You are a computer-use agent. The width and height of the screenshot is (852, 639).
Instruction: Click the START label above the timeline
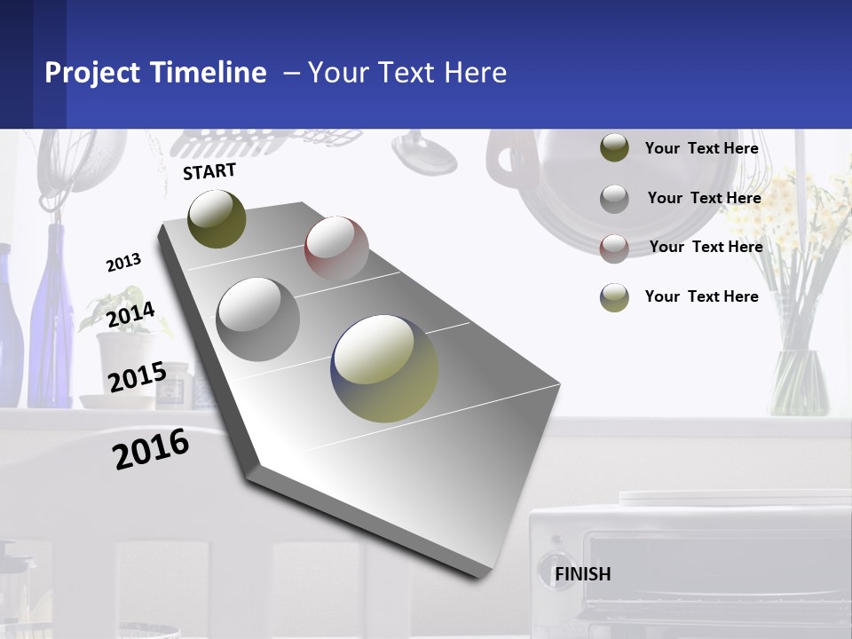[x=209, y=171]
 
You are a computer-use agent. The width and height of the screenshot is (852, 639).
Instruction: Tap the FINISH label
[x=582, y=574]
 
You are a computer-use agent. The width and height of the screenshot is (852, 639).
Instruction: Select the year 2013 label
[x=123, y=263]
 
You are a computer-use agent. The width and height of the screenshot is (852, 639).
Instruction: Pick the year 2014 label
[x=130, y=315]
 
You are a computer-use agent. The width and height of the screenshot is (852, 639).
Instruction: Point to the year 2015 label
[x=137, y=377]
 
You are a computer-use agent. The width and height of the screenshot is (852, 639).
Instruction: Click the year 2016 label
[x=151, y=449]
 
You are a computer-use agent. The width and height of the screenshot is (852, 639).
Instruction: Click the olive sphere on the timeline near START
[x=217, y=218]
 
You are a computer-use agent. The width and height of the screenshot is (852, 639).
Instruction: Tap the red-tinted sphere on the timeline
[x=336, y=248]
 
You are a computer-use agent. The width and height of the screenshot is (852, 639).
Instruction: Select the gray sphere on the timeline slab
[x=257, y=319]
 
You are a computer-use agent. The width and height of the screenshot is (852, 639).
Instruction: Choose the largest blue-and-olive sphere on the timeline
[x=384, y=368]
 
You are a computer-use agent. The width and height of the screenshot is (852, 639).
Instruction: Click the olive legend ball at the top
[x=614, y=148]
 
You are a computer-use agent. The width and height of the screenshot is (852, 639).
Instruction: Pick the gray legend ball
[x=614, y=199]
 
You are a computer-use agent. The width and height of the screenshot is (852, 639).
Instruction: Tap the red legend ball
[x=614, y=248]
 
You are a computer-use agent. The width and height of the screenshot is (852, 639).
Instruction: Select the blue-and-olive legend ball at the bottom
[x=614, y=297]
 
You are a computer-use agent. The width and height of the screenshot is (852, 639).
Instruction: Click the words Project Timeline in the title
[x=155, y=73]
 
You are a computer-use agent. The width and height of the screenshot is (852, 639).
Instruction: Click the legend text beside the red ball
[x=706, y=247]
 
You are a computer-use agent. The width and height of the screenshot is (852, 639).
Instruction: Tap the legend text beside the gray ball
[x=704, y=198]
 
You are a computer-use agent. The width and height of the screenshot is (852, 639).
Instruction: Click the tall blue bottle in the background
[x=51, y=319]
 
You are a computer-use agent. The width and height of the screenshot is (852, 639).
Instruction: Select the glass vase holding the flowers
[x=798, y=382]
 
